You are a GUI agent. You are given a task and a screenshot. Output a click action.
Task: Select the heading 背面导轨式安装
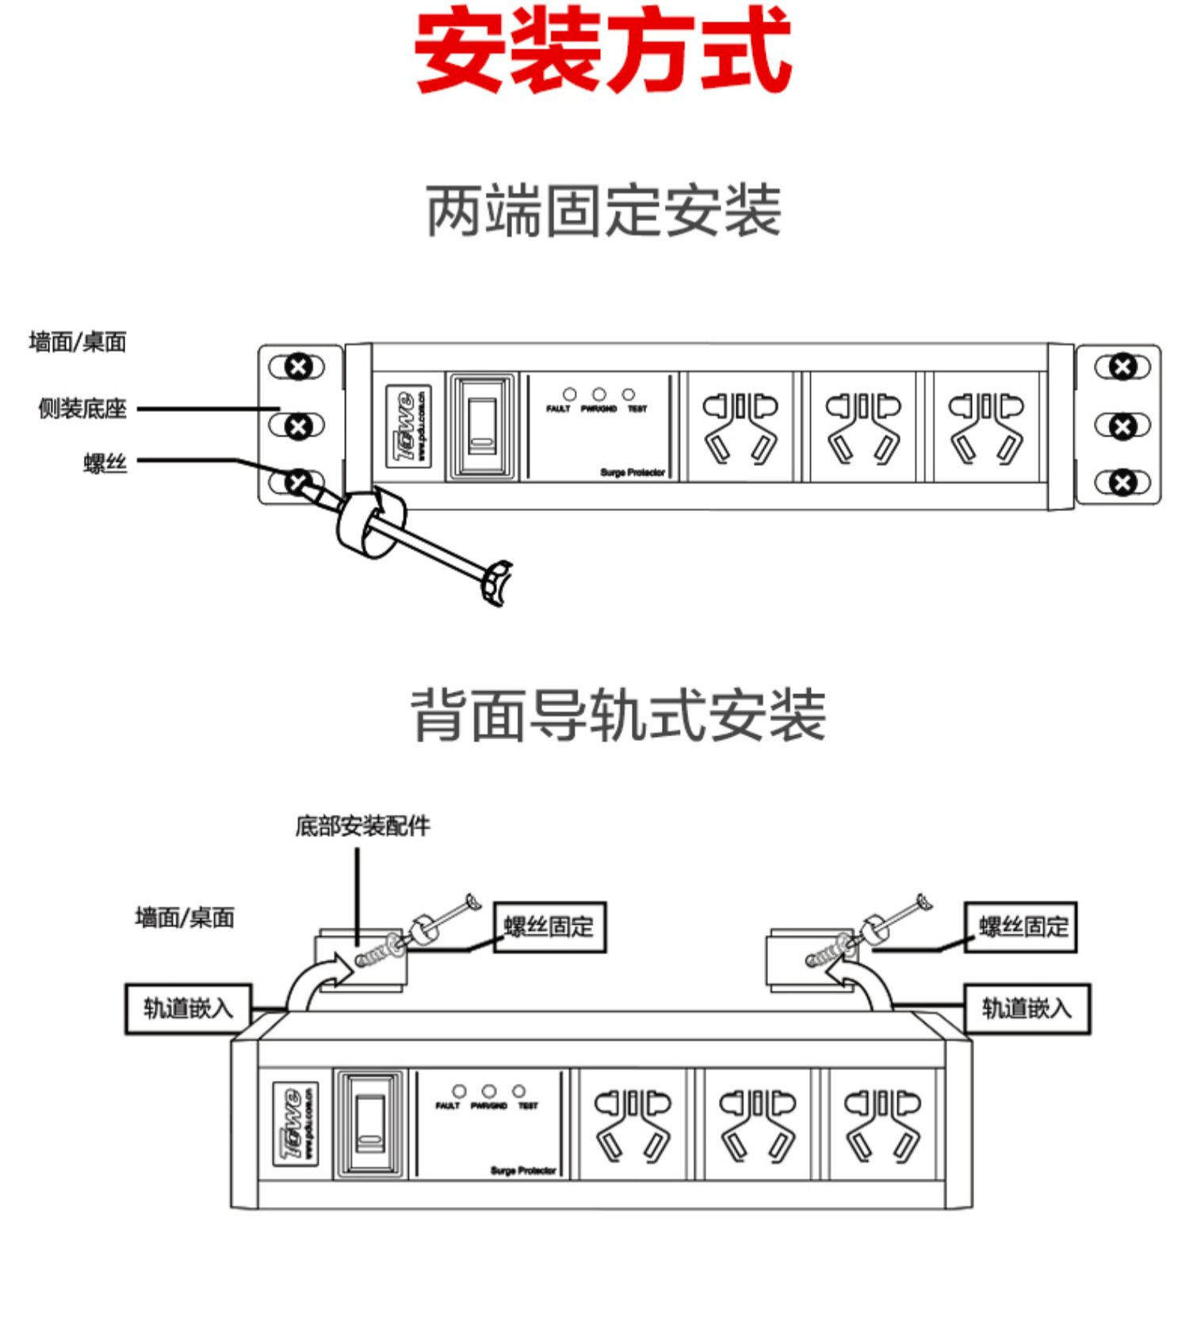click(x=618, y=716)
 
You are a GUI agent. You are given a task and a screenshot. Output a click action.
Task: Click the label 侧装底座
click(x=82, y=409)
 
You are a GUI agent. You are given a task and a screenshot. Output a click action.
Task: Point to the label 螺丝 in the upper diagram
click(x=105, y=462)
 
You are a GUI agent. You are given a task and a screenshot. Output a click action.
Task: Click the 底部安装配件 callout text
click(x=362, y=827)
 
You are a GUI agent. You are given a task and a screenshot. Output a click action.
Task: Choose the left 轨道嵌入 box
click(x=189, y=1009)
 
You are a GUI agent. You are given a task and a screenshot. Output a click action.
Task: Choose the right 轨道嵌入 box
click(x=1027, y=1009)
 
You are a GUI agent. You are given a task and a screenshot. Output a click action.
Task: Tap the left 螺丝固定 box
click(x=549, y=926)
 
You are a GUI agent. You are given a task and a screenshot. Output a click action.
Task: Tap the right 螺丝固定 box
click(x=1021, y=926)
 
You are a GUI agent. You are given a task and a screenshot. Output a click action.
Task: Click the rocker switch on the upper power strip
click(x=482, y=426)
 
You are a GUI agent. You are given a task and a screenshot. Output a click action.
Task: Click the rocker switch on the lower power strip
click(x=370, y=1124)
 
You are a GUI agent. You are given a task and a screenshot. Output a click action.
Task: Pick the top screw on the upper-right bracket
click(x=1122, y=367)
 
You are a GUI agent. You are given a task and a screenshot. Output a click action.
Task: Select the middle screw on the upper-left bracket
click(x=298, y=426)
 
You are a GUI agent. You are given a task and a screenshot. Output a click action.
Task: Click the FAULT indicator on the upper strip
click(x=569, y=394)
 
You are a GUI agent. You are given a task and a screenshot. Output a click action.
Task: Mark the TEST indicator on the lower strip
click(x=518, y=1091)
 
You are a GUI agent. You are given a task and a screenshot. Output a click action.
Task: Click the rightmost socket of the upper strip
click(x=986, y=426)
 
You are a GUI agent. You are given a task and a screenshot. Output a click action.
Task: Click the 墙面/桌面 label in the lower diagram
click(x=185, y=918)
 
